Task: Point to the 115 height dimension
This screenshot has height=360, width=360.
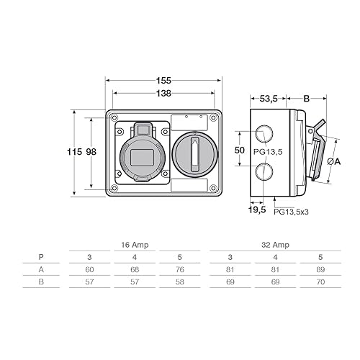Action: (73, 152)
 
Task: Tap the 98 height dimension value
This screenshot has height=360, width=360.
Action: (91, 152)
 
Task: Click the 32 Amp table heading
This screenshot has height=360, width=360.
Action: (275, 245)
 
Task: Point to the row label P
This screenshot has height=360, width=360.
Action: (41, 256)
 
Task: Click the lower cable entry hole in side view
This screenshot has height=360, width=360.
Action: (264, 171)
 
